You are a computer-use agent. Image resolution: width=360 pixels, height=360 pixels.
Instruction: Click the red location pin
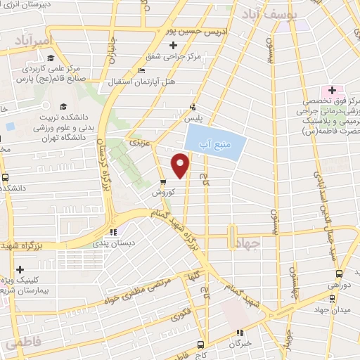click(x=181, y=165)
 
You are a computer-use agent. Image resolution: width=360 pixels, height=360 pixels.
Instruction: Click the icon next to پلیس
click(x=191, y=108)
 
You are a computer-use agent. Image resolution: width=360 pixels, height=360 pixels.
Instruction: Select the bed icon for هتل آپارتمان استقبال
click(x=143, y=70)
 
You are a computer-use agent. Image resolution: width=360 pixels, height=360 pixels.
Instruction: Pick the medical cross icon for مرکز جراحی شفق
click(x=173, y=45)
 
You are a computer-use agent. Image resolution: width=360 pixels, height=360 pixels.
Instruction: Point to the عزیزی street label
click(x=137, y=143)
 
